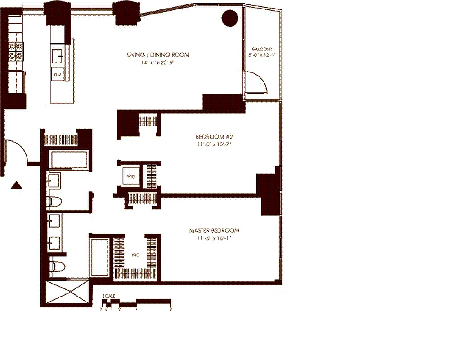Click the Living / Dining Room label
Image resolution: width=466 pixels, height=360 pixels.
(158, 55)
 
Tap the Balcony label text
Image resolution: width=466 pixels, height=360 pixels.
(262, 50)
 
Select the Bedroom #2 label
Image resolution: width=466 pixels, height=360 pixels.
(214, 136)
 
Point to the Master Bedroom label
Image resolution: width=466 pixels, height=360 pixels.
(214, 230)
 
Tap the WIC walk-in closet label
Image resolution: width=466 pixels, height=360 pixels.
(135, 255)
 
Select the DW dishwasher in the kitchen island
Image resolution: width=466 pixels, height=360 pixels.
(58, 74)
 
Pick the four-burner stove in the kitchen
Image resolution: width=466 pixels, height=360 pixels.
(16, 51)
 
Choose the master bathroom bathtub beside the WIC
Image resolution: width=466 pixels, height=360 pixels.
(100, 257)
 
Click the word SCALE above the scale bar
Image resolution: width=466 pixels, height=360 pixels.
(109, 296)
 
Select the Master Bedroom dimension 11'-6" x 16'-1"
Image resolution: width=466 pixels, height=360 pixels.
(214, 238)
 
